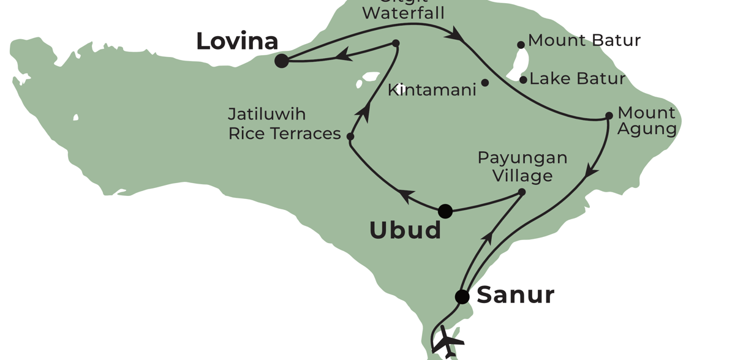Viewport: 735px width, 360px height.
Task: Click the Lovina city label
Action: [x=237, y=41]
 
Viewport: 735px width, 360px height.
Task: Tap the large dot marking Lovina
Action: [x=282, y=61]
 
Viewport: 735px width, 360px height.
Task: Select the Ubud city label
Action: [x=405, y=230]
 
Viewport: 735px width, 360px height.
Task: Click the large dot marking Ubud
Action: [x=445, y=211]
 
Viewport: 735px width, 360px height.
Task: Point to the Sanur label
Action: [x=515, y=294]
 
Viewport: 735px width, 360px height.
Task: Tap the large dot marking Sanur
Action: [x=462, y=297]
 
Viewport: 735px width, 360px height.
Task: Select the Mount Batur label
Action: [x=584, y=40]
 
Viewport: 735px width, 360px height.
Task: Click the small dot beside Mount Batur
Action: [x=521, y=45]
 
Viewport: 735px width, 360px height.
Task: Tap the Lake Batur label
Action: [x=577, y=78]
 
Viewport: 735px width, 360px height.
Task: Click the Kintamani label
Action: [x=432, y=90]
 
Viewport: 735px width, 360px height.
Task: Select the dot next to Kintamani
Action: [x=485, y=83]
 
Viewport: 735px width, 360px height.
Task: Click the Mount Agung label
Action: [x=647, y=121]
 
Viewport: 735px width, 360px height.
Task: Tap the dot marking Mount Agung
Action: [x=609, y=116]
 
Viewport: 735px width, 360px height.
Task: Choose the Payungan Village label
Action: [x=522, y=167]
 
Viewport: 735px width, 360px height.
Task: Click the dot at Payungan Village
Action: [x=522, y=192]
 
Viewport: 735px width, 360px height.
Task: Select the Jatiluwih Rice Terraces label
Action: [x=284, y=124]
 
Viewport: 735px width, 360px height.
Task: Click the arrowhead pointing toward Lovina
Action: [x=343, y=56]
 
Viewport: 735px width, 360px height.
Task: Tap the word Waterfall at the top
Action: [x=403, y=12]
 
